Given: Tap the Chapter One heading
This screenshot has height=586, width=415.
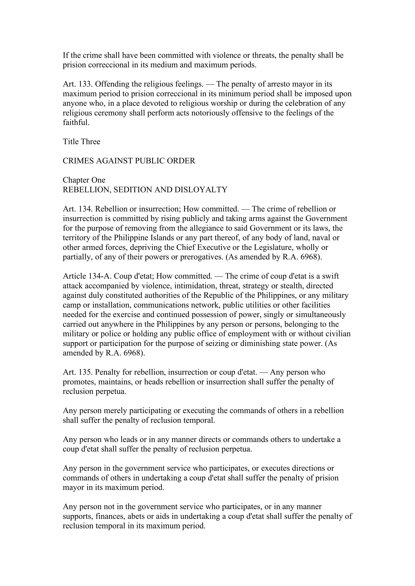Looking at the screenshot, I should [84, 180].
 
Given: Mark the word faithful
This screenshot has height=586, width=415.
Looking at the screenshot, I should [76, 123].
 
